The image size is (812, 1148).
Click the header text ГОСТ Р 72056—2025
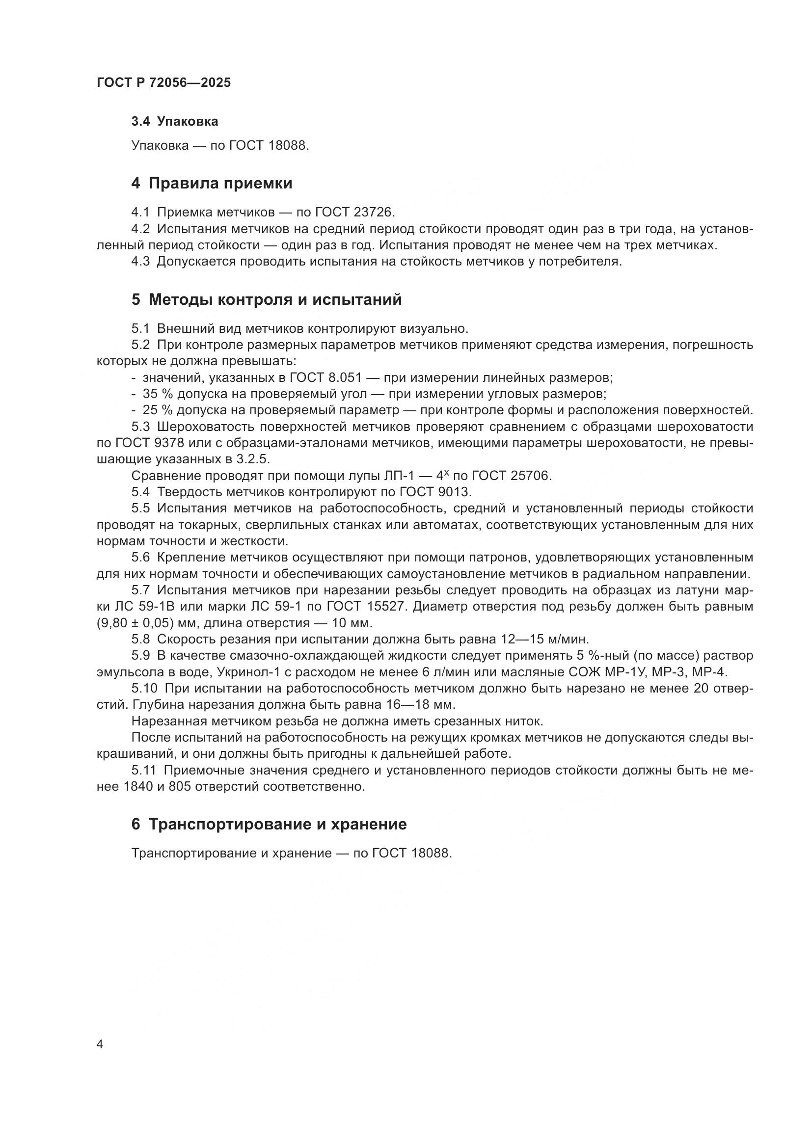pos(163,82)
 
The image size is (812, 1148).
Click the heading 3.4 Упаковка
pos(174,122)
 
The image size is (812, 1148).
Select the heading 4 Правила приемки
pos(212,184)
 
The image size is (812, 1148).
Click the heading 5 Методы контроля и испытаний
pos(267,299)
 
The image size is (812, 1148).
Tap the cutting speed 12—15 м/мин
pos(545,639)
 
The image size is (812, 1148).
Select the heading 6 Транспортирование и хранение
pos(269,825)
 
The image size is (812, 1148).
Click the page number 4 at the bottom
pos(100,1044)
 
